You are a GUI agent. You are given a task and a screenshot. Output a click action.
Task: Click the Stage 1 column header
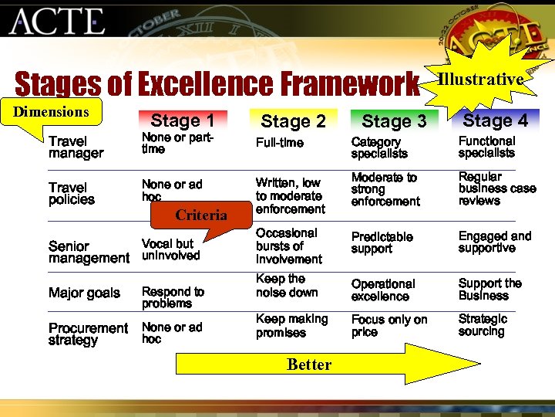click(183, 120)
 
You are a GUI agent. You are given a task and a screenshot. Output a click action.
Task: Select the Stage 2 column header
click(293, 121)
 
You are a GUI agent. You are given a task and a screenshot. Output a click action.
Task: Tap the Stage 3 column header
click(393, 121)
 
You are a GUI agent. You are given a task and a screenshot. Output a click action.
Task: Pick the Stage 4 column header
click(495, 120)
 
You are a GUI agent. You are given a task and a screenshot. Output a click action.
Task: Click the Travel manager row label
click(76, 147)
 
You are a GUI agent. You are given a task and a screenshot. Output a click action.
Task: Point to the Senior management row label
click(89, 252)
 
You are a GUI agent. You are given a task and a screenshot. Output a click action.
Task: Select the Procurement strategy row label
click(88, 334)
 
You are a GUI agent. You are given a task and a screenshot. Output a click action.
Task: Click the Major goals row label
click(84, 293)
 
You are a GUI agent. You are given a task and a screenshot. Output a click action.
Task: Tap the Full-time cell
click(280, 143)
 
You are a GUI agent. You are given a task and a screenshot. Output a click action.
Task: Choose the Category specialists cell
click(379, 147)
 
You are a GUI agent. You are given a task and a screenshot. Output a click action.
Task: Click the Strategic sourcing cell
click(483, 325)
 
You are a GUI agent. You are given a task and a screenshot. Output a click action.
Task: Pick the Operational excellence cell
click(383, 290)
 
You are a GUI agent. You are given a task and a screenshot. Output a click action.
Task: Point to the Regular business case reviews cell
click(496, 188)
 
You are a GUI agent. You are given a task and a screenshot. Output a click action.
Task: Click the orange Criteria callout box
click(200, 215)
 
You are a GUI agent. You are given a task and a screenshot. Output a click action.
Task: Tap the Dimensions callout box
click(52, 112)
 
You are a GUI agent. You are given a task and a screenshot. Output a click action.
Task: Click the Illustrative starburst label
click(481, 79)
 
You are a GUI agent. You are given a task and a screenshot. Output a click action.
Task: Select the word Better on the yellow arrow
click(308, 364)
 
